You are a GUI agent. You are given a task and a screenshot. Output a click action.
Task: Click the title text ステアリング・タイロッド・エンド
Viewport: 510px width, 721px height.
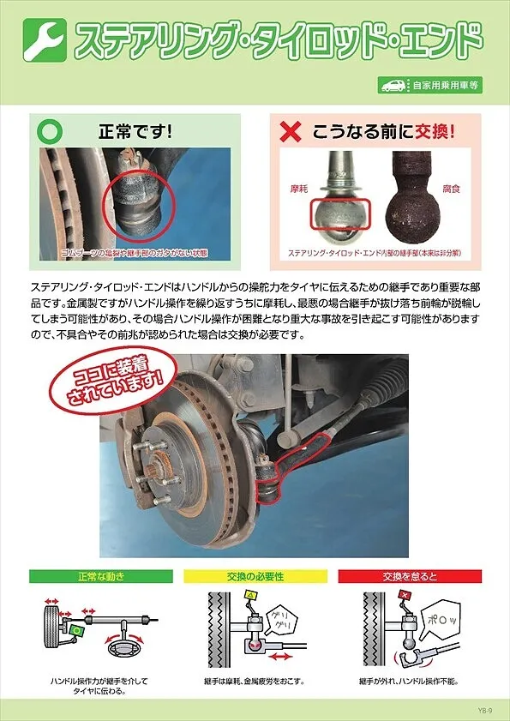(x=277, y=40)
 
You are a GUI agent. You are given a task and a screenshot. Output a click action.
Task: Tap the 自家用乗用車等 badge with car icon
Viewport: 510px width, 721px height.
(x=429, y=85)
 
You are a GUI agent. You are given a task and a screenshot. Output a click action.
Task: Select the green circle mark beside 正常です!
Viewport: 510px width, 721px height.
(x=51, y=132)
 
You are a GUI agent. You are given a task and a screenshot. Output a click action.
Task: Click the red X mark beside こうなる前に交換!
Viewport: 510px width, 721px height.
(x=292, y=133)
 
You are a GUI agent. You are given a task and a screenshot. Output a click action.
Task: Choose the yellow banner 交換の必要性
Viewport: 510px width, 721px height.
(x=255, y=576)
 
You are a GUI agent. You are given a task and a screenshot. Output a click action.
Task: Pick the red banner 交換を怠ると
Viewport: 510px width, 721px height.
(x=409, y=576)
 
